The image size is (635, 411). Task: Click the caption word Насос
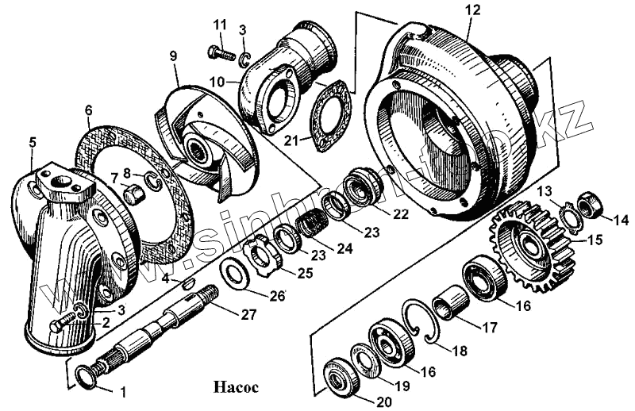pyautogui.click(x=236, y=388)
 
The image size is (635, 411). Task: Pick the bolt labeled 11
pyautogui.click(x=218, y=53)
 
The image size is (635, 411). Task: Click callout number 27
pyautogui.click(x=249, y=314)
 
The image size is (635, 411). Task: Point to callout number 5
pyautogui.click(x=32, y=143)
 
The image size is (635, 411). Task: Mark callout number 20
pyautogui.click(x=384, y=402)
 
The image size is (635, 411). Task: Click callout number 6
pyautogui.click(x=88, y=109)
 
